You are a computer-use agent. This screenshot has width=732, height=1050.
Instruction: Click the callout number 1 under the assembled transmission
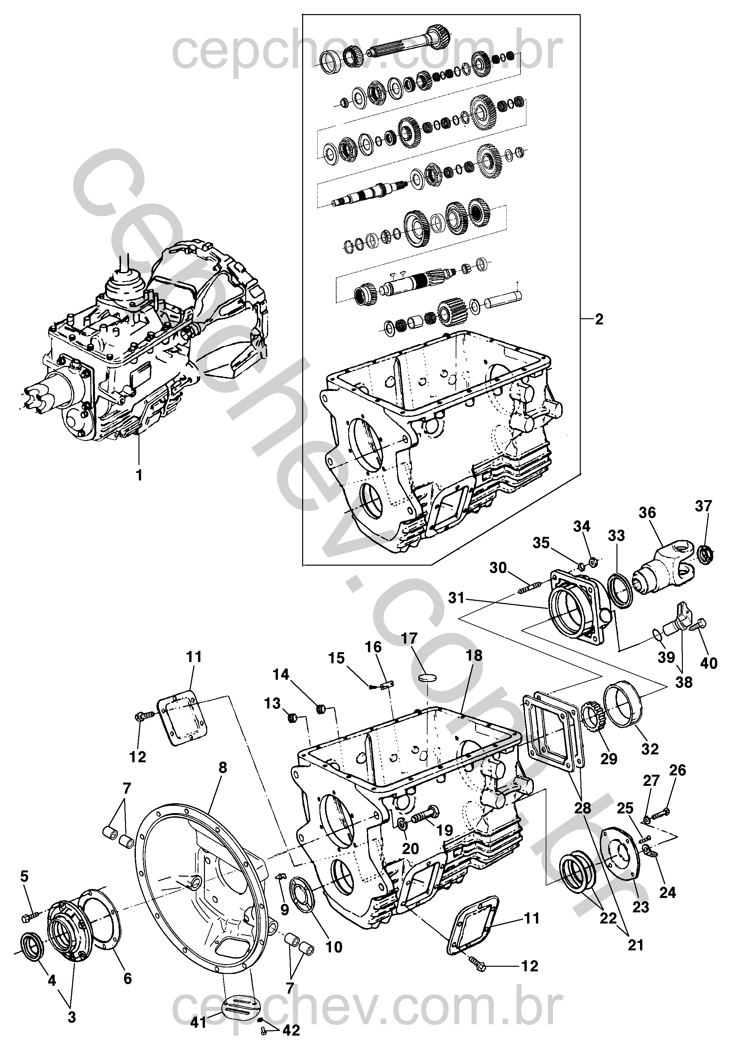click(139, 476)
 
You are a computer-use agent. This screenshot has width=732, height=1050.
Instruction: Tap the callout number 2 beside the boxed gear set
click(599, 319)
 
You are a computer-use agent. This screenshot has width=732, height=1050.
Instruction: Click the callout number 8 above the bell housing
click(223, 768)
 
